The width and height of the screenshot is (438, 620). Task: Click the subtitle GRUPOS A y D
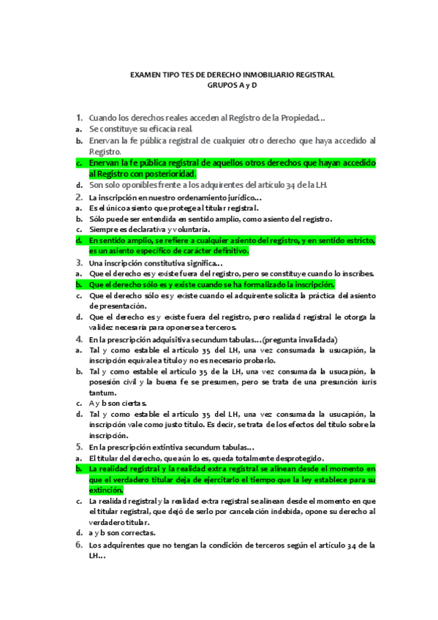(233, 86)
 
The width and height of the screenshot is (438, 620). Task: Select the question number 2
(78, 197)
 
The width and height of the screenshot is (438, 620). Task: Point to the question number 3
(78, 262)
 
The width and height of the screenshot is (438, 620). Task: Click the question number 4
(78, 339)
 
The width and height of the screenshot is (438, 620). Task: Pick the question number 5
(78, 447)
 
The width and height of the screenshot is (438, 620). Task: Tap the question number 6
(78, 545)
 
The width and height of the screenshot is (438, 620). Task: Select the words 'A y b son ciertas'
(118, 403)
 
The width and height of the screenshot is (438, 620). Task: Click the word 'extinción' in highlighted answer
(107, 490)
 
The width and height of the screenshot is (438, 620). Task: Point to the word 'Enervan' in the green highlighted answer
(107, 163)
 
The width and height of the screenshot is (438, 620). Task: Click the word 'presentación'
(113, 306)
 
